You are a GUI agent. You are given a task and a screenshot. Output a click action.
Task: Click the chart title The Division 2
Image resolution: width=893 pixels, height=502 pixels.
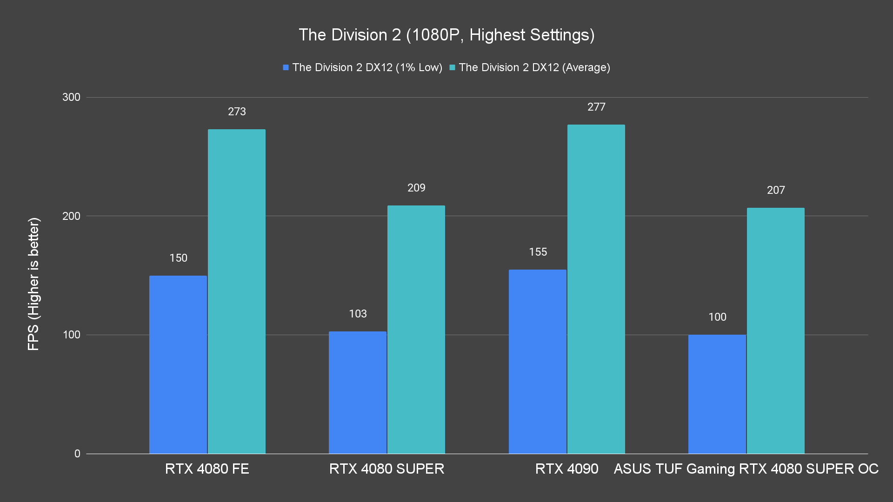click(x=446, y=35)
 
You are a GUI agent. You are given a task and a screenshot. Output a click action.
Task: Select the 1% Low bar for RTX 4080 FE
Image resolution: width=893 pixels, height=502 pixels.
click(x=178, y=364)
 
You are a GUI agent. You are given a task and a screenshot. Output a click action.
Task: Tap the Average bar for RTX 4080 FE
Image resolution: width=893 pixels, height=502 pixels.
click(x=236, y=291)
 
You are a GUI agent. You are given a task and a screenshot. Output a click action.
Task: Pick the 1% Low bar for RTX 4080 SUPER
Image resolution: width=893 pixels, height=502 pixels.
click(x=357, y=392)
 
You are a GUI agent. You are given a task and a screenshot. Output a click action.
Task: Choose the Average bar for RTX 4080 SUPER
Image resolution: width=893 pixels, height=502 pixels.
click(x=416, y=330)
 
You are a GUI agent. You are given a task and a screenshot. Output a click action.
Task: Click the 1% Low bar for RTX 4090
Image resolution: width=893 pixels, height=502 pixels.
click(x=537, y=362)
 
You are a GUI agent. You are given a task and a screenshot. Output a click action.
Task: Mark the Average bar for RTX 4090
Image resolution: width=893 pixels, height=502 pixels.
click(x=596, y=289)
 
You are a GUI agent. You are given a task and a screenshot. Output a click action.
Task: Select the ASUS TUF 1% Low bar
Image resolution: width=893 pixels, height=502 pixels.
click(x=717, y=394)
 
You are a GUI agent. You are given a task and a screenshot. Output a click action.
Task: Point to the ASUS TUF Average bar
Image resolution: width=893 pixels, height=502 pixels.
click(x=775, y=330)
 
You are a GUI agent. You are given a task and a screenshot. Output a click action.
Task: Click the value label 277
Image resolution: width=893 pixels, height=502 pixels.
click(x=596, y=107)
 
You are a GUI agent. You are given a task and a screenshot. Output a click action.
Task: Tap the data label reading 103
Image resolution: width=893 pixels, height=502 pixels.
click(x=358, y=314)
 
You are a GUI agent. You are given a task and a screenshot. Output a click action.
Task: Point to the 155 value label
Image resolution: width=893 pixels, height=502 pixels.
click(x=538, y=252)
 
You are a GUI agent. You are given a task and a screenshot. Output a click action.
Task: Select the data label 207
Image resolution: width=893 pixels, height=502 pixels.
click(x=776, y=190)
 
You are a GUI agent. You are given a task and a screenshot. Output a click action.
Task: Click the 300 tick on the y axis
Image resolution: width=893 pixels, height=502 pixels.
click(x=71, y=97)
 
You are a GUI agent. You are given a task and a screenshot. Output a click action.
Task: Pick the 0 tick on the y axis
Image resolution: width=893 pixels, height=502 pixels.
click(x=77, y=454)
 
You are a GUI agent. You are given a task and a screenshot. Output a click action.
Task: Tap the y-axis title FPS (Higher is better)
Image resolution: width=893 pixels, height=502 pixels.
click(x=33, y=284)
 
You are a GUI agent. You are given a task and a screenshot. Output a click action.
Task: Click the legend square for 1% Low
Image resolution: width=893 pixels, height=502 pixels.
click(x=286, y=68)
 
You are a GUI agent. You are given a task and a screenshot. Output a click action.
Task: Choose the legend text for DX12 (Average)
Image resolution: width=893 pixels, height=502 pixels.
click(x=534, y=67)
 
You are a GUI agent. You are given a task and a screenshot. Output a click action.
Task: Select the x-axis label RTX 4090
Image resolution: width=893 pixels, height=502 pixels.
click(x=566, y=469)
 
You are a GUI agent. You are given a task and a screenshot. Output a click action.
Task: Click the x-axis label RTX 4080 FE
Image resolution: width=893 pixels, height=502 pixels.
click(x=207, y=469)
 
